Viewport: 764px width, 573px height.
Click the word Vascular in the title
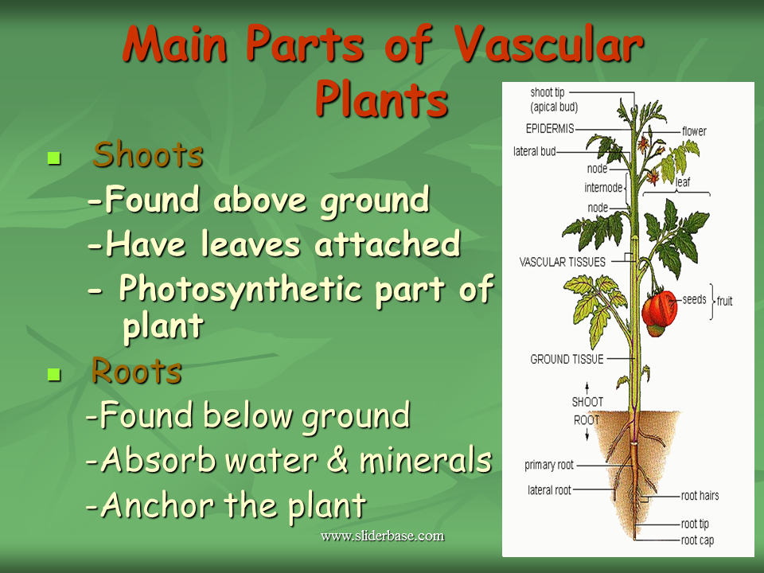(x=548, y=43)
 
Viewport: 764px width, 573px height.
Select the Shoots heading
(x=148, y=154)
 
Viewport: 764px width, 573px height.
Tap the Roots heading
(x=136, y=371)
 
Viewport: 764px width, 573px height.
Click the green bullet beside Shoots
(x=54, y=158)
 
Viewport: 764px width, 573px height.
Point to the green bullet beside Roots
(x=54, y=374)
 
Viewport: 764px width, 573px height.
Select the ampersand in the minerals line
(x=337, y=458)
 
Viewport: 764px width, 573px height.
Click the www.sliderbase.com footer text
(x=383, y=536)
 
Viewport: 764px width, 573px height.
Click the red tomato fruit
(x=659, y=312)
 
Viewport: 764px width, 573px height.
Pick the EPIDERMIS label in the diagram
(x=550, y=129)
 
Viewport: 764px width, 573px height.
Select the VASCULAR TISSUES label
(x=563, y=262)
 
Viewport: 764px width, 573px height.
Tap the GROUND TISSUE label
(x=567, y=359)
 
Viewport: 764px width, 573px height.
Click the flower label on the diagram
(x=694, y=131)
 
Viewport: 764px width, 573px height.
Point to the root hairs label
(x=700, y=496)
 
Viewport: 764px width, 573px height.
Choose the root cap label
(x=697, y=540)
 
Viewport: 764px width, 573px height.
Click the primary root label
(x=549, y=465)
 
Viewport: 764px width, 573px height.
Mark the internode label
(x=603, y=188)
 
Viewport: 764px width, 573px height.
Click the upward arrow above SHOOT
(x=587, y=388)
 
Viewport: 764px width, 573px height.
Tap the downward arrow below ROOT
(x=587, y=435)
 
